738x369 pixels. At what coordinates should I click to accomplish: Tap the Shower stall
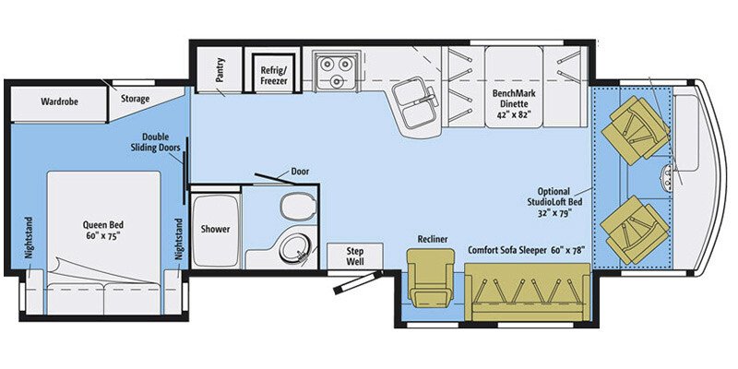tap(215, 228)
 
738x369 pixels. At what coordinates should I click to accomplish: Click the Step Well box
tap(354, 256)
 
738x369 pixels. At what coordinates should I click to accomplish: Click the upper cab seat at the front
tap(635, 132)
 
